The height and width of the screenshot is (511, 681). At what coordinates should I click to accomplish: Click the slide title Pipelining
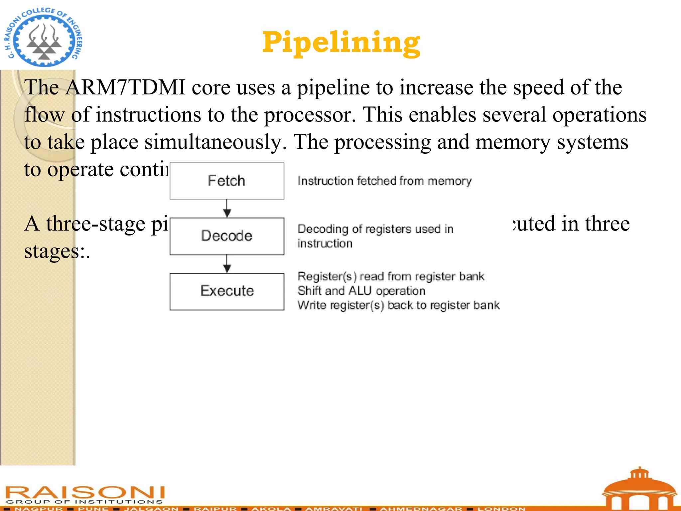[341, 43]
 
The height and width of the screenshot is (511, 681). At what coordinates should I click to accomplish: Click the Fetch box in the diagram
[227, 181]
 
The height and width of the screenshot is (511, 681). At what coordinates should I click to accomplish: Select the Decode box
[227, 236]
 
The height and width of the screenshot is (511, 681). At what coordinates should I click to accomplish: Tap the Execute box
[227, 291]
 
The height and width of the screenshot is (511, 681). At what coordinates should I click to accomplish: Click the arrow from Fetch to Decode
[227, 209]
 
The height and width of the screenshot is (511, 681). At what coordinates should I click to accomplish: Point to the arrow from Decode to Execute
[227, 264]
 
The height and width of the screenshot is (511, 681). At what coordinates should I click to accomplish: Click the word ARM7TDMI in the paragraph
[125, 87]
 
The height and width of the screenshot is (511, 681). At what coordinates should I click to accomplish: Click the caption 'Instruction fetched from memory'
[384, 181]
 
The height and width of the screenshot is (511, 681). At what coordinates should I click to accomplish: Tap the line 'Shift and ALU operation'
[361, 291]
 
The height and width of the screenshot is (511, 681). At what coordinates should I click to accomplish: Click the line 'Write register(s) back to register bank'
[398, 305]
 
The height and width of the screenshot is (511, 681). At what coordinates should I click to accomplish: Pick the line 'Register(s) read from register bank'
[391, 276]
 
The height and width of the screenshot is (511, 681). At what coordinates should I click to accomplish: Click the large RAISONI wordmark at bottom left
[85, 492]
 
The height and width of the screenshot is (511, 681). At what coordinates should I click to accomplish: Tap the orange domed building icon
[639, 489]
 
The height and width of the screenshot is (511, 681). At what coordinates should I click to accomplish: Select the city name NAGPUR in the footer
[39, 508]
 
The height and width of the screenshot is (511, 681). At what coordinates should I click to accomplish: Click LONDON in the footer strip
[501, 508]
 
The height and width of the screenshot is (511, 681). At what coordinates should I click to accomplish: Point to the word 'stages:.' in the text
[57, 251]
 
